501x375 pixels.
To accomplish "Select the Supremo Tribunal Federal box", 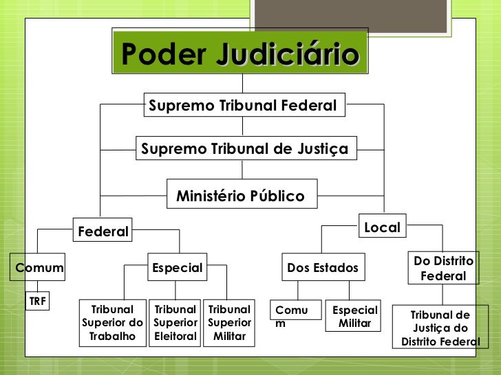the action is click(243, 106).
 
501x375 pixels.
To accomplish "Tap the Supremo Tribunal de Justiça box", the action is click(244, 148).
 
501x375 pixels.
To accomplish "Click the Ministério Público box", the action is click(240, 196).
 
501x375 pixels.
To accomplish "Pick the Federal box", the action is click(103, 231).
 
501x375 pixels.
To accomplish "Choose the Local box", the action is click(382, 227).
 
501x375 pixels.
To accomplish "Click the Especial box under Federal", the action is click(178, 268).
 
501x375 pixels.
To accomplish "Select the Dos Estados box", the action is click(323, 268).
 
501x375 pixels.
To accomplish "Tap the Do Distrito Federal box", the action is click(443, 269).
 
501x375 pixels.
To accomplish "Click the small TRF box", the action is click(37, 301).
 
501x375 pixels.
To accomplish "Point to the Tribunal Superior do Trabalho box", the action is click(113, 323).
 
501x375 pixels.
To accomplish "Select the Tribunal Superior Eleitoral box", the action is click(175, 323).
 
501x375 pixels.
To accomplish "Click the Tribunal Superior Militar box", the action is click(229, 323).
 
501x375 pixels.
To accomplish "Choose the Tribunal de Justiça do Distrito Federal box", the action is click(440, 328).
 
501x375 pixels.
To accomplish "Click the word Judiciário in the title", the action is click(288, 54).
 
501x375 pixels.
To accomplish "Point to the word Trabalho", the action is click(113, 337).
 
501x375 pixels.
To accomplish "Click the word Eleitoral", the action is click(175, 337).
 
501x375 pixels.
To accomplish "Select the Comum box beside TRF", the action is click(39, 268).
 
